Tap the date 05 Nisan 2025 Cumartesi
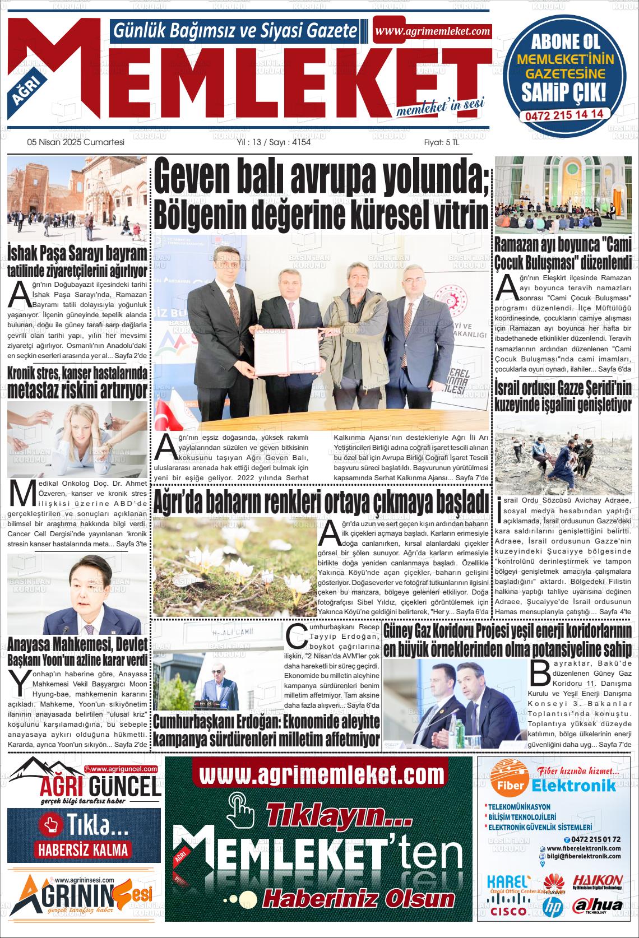(75, 142)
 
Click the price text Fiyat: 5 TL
(441, 142)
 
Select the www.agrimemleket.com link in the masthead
(432, 31)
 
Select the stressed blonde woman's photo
(77, 431)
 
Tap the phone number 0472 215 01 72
(596, 839)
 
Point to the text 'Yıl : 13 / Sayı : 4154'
(274, 142)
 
